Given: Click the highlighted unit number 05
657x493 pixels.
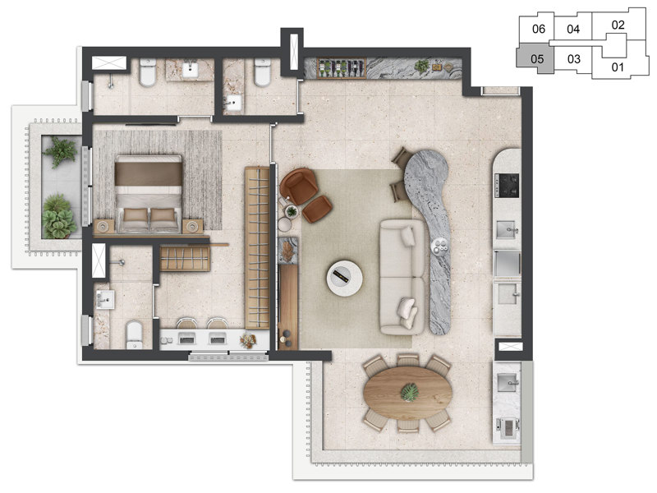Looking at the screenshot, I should tap(537, 59).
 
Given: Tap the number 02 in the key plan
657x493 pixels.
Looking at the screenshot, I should tap(618, 25).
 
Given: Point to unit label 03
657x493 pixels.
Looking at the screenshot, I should tap(574, 59).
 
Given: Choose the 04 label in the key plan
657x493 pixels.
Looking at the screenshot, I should tap(574, 29).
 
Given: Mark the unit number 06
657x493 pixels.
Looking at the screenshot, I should tap(539, 29).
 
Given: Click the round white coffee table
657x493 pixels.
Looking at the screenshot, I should tap(343, 276).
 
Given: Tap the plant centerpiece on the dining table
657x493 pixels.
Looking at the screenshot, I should tap(408, 393).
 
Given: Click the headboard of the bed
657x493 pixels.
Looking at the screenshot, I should tap(148, 172).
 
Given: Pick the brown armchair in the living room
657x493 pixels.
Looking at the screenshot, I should tap(299, 186).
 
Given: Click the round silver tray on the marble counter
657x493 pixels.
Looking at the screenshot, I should tap(442, 244).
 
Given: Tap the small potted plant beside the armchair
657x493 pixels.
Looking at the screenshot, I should tap(292, 212).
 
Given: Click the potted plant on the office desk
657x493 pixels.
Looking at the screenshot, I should tap(247, 339).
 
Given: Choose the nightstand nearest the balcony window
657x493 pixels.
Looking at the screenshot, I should tap(104, 226).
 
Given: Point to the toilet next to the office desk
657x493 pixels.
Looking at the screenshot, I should tap(135, 333).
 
